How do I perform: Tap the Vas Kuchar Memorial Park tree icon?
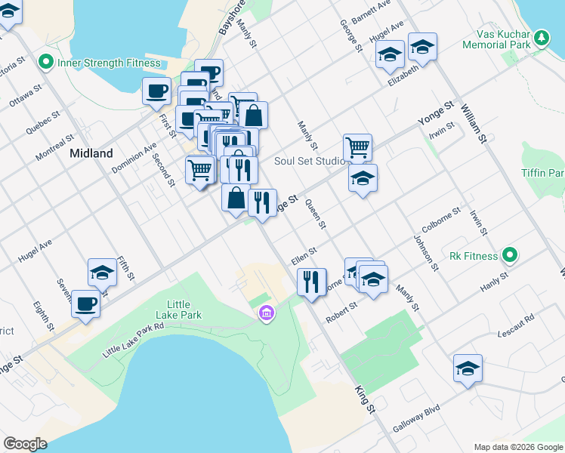[541, 38]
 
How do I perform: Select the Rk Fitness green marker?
[510, 256]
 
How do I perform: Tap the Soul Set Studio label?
[310, 161]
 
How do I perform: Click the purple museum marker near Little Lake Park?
[265, 313]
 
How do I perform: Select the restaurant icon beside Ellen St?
[311, 282]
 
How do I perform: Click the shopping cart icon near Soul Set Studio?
[357, 146]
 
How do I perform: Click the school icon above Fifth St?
[101, 273]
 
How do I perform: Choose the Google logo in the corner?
[25, 443]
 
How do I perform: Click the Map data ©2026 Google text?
[517, 447]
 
